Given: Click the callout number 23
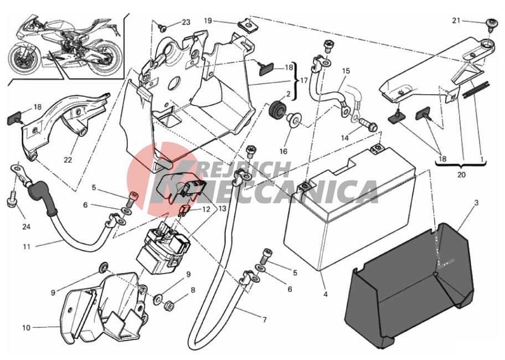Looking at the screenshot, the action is [186, 22].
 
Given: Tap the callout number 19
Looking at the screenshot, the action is [208, 21].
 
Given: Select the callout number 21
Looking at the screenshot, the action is [456, 20].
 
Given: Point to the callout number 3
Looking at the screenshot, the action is [477, 203].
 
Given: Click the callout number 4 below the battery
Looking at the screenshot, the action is [325, 294].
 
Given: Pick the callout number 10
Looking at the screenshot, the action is [26, 328].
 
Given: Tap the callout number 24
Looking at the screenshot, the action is [27, 227].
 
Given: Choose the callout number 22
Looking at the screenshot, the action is [68, 160].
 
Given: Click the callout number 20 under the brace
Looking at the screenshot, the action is [461, 175].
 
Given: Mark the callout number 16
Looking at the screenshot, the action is [284, 151].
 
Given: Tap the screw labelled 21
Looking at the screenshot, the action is [490, 24].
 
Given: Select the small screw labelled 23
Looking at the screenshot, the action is [163, 28].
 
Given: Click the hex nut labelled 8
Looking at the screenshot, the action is [168, 305].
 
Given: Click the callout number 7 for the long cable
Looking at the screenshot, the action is [265, 320].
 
